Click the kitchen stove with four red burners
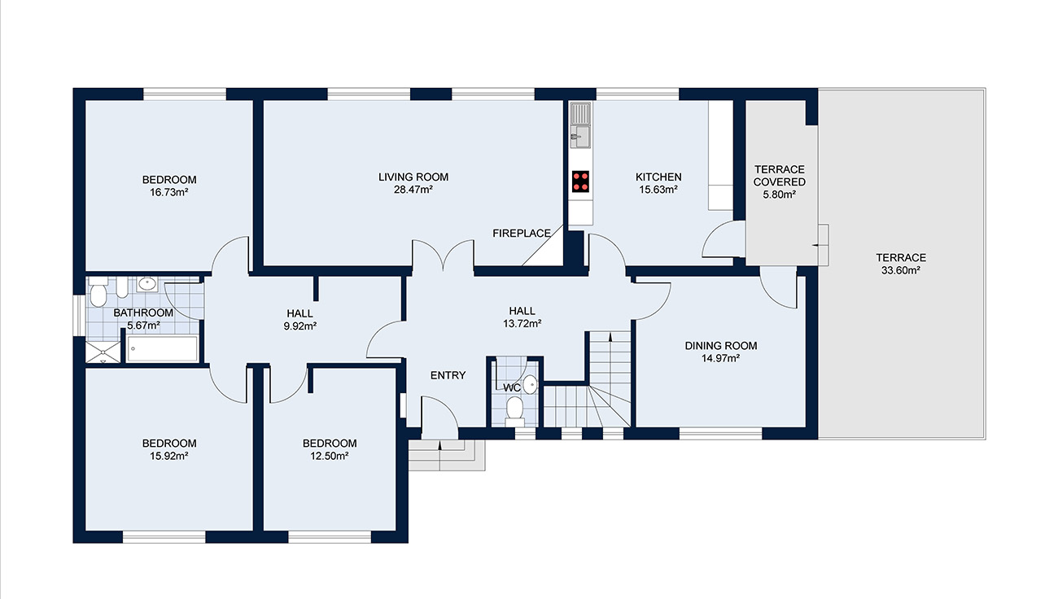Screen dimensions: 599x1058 [x=581, y=181]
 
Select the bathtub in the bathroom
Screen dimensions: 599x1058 [x=163, y=349]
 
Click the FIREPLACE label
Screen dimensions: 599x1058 [x=522, y=234]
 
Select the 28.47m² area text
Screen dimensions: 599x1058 [x=413, y=190]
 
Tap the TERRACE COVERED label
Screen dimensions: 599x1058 [x=779, y=176]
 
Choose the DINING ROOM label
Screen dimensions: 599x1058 [x=720, y=346]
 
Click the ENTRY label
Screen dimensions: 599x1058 [x=448, y=375]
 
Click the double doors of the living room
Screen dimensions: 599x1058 [x=443, y=256]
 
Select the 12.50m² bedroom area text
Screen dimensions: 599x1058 [x=330, y=456]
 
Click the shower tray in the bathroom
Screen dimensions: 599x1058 [x=104, y=351]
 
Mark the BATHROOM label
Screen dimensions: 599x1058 [x=143, y=313]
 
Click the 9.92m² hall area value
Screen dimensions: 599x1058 [x=299, y=326]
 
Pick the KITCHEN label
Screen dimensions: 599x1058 [x=658, y=177]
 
